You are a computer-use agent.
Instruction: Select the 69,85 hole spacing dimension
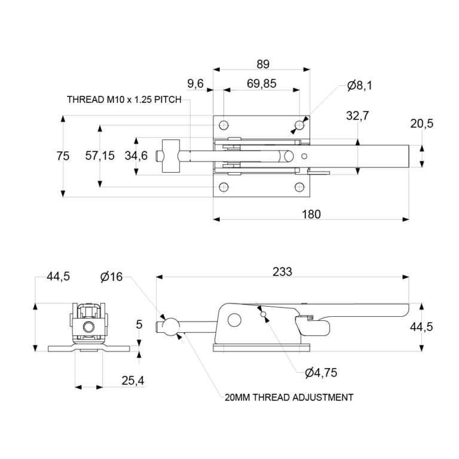click(x=261, y=84)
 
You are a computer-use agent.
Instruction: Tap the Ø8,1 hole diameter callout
click(x=359, y=85)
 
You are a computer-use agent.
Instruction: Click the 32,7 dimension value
click(x=358, y=116)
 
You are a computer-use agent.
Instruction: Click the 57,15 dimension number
click(x=100, y=156)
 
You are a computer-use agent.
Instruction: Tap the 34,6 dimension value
click(x=137, y=156)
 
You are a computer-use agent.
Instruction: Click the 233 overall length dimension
click(x=283, y=271)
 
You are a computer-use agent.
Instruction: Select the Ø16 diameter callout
click(x=111, y=276)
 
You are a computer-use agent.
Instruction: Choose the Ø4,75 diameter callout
click(x=321, y=372)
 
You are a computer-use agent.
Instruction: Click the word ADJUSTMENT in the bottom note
click(x=320, y=397)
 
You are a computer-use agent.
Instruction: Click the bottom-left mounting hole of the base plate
click(x=224, y=186)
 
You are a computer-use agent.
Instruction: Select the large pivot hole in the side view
click(x=234, y=319)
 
